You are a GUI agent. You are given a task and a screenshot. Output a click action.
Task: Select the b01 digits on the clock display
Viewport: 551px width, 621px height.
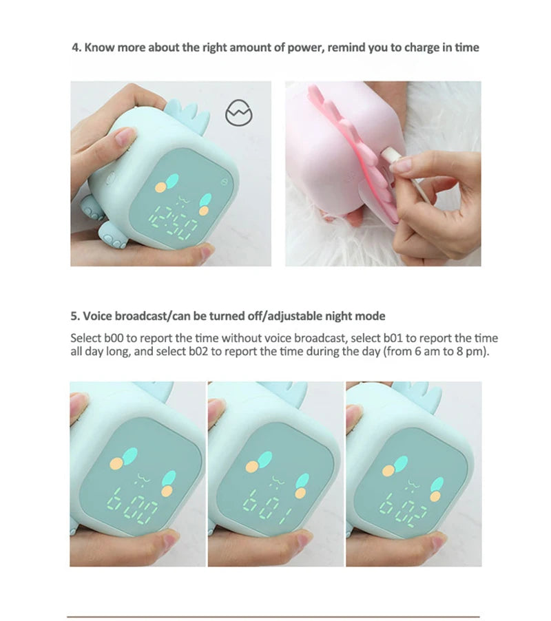tap(271, 507)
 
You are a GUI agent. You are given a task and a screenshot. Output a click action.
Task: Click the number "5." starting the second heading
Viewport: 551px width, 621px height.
tap(76, 316)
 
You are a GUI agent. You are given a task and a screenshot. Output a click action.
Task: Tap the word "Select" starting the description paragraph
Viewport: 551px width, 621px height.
tap(86, 338)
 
